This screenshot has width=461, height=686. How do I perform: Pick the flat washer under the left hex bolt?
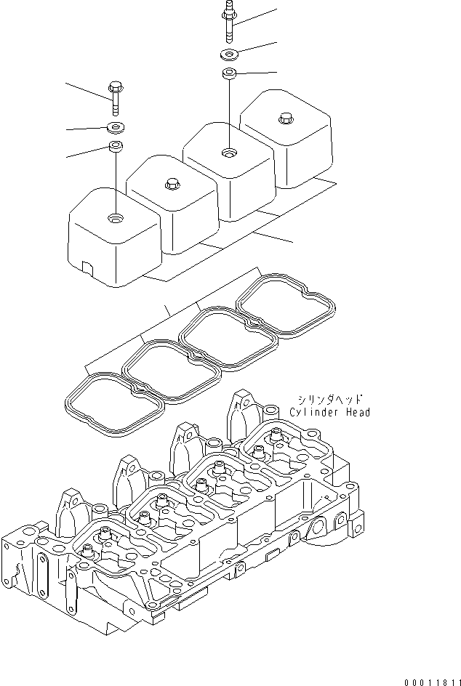pos(115,128)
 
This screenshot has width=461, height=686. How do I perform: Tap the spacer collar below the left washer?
pos(115,148)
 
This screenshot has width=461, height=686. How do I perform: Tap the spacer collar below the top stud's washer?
pos(228,73)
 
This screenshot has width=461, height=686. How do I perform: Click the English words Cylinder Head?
pos(329,413)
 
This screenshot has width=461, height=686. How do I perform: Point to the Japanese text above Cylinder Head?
pos(329,399)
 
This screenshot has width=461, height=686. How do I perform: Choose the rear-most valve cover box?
pos(287,142)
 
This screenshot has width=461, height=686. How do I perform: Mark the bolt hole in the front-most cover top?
pos(116,217)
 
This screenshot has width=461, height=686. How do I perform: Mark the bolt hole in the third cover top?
pos(230,153)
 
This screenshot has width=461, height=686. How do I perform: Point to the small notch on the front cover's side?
pos(87,268)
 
